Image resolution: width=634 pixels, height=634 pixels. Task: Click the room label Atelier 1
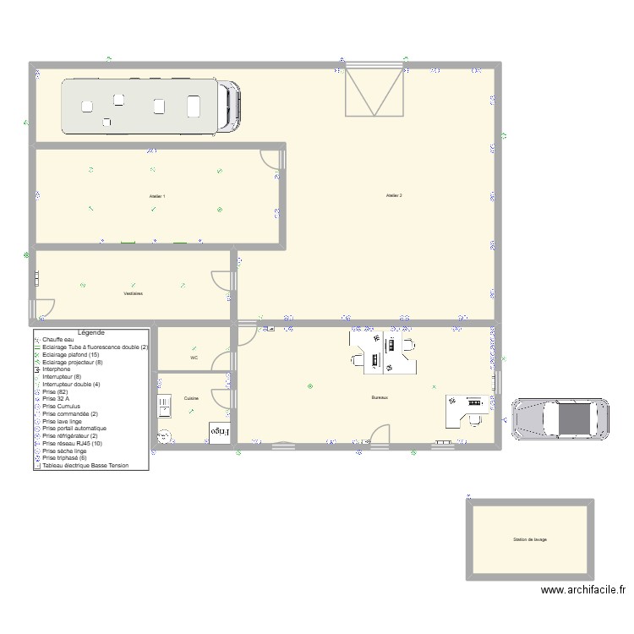[x=157, y=196]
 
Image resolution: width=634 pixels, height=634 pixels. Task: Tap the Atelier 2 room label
[x=394, y=195]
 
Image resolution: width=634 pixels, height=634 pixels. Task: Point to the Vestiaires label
[x=133, y=293]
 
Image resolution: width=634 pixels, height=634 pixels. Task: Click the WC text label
[x=194, y=358]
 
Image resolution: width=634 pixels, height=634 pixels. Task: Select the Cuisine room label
[x=191, y=398]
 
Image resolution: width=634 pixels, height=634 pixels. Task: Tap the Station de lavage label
[x=529, y=539]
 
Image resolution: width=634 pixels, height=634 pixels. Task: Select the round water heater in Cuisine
[x=164, y=436]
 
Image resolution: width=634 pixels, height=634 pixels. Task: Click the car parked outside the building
[x=560, y=418]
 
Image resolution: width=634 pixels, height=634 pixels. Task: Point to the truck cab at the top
[x=229, y=107]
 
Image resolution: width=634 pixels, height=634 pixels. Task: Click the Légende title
[x=90, y=333]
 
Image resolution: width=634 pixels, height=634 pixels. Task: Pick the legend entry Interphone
[x=57, y=369]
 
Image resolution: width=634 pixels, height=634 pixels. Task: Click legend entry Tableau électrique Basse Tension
[x=85, y=465]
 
